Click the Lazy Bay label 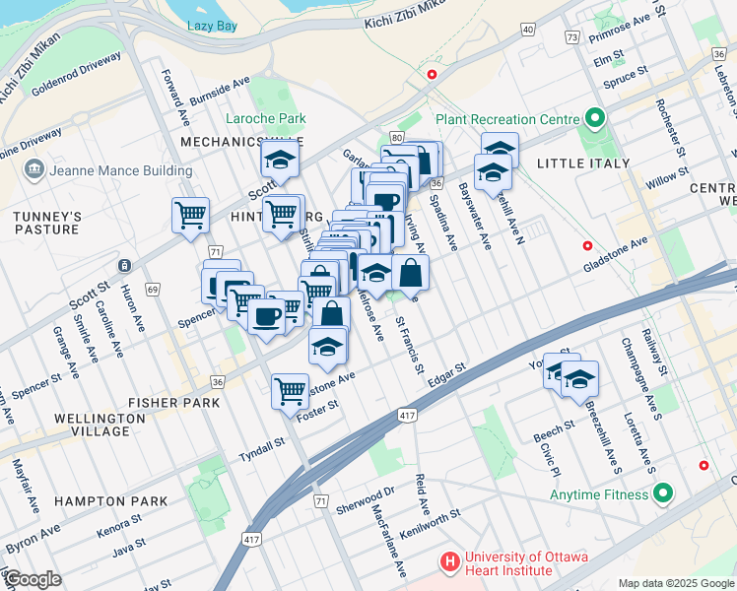(212, 26)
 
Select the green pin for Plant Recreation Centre (594, 119)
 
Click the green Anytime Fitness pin (663, 492)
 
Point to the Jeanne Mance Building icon (34, 170)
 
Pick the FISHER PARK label (166, 403)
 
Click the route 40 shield (529, 30)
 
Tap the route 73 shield (571, 36)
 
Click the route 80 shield (396, 137)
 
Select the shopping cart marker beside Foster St (291, 390)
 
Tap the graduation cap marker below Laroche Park (280, 161)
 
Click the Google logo (32, 579)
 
